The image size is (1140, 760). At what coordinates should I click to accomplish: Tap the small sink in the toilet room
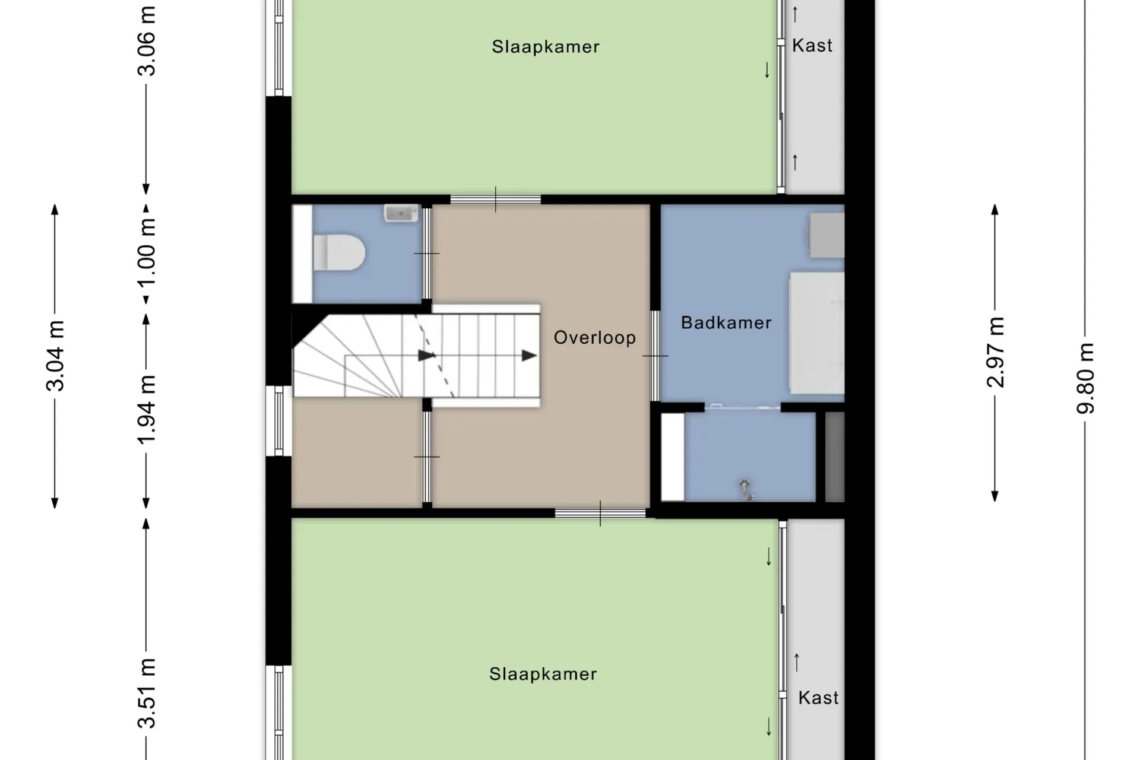tap(401, 213)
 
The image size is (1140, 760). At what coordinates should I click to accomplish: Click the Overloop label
tap(594, 338)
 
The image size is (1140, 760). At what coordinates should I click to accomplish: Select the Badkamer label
tap(726, 322)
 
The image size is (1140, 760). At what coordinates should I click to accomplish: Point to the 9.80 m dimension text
tap(1085, 378)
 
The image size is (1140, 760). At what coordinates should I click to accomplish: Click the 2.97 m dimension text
tap(996, 352)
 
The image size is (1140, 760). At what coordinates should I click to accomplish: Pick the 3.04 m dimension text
tap(55, 356)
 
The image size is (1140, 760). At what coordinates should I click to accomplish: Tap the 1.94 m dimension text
tap(146, 409)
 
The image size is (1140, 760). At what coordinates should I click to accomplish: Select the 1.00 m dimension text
tap(146, 252)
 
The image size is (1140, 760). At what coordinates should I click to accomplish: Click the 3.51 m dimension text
tap(146, 693)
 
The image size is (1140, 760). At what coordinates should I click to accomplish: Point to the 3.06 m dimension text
tap(146, 41)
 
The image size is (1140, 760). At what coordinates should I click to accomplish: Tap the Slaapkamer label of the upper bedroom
tap(546, 46)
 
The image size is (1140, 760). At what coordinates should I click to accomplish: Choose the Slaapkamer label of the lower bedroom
tap(543, 674)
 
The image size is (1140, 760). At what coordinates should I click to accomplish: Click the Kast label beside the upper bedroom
tap(812, 45)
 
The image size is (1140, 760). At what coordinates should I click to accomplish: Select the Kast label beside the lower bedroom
tap(818, 697)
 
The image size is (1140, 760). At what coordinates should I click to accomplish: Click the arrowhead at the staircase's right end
tap(529, 356)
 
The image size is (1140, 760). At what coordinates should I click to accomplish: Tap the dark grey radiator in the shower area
tap(835, 457)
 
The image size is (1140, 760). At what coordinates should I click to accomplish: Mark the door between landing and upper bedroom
tap(495, 199)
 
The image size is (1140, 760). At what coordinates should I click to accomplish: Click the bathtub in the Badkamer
tap(816, 332)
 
